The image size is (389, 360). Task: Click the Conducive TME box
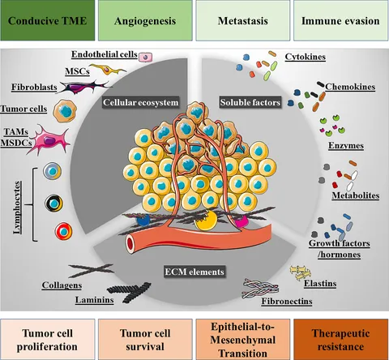[48, 20]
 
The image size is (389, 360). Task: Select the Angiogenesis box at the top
[145, 20]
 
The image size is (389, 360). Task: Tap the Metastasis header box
[243, 20]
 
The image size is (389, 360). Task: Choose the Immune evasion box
[340, 20]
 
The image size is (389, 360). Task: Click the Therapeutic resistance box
[340, 340]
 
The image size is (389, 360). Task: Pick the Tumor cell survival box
[145, 340]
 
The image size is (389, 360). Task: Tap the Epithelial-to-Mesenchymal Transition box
[243, 340]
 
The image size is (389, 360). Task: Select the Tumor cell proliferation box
[48, 340]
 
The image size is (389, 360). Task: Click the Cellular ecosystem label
[141, 102]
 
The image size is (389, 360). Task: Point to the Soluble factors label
[250, 102]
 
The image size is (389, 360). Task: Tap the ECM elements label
[194, 272]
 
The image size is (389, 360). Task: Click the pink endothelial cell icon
[146, 57]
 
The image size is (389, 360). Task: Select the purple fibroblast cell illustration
[83, 87]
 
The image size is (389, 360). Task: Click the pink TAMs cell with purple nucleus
[49, 140]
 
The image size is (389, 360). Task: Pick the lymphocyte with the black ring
[53, 204]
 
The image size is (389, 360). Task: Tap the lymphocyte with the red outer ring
[64, 232]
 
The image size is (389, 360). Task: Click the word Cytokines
[306, 57]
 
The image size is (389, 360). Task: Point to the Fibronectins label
[287, 301]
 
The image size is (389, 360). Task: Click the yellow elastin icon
[301, 272]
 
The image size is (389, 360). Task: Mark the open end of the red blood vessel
[130, 244]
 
